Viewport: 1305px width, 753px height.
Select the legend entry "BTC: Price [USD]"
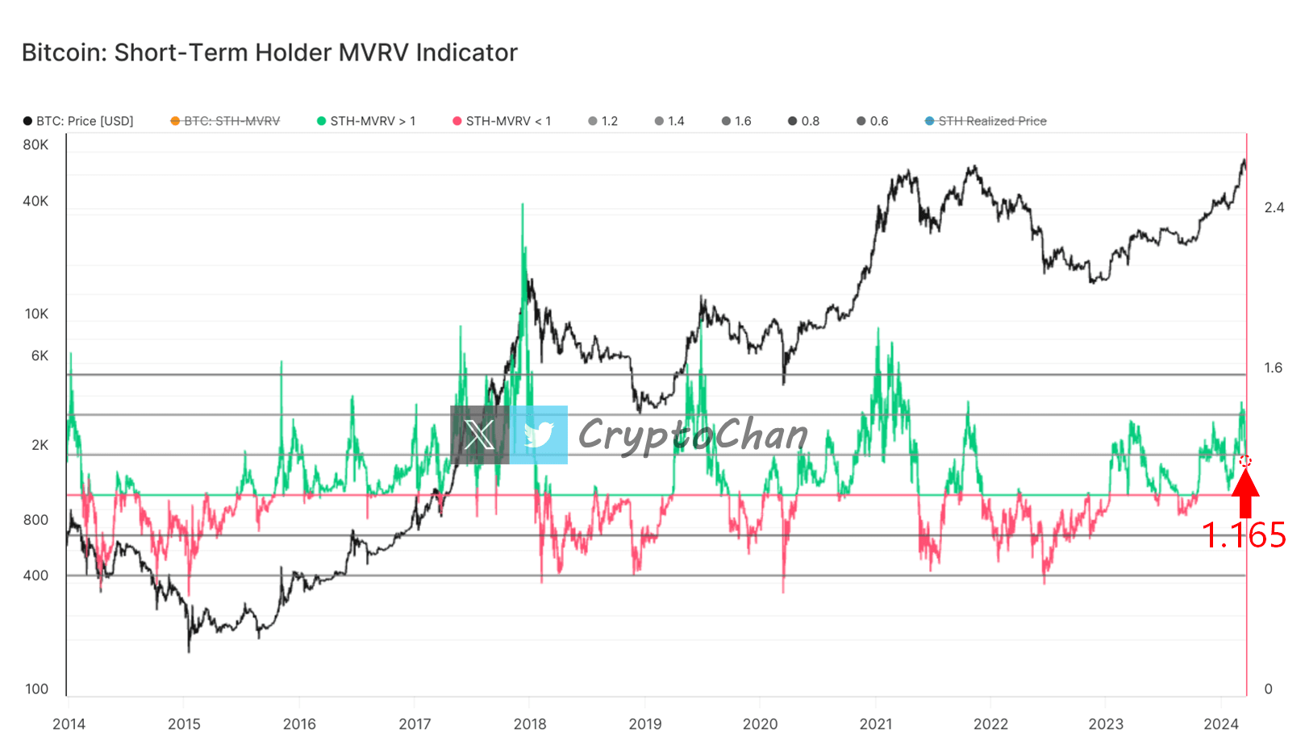78,121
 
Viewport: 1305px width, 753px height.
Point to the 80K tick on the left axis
35,145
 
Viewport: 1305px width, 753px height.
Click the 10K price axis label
36,314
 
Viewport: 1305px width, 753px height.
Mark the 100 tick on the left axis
36,689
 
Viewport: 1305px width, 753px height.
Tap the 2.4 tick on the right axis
1274,208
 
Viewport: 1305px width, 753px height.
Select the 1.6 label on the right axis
1273,368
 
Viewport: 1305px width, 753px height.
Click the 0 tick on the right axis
1268,689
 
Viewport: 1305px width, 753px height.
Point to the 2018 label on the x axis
530,724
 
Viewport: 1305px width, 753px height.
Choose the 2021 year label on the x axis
876,724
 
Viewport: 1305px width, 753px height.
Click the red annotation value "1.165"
1244,535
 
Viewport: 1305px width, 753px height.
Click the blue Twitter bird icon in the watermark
539,435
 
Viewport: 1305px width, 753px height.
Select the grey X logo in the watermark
480,435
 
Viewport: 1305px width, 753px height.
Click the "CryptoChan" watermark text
693,435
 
